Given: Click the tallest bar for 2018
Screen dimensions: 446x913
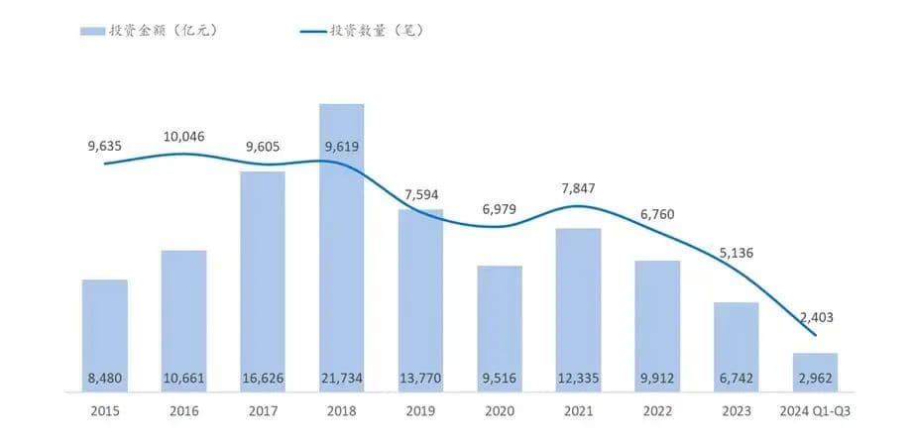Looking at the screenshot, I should pyautogui.click(x=341, y=248).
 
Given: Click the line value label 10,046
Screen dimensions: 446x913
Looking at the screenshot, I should pyautogui.click(x=183, y=136).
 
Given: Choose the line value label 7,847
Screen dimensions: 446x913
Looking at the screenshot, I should pyautogui.click(x=579, y=188).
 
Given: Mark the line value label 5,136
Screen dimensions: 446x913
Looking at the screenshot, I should pyautogui.click(x=737, y=253).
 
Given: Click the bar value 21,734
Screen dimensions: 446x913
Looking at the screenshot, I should pyautogui.click(x=342, y=378).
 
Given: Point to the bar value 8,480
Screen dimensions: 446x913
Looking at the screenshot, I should pyautogui.click(x=105, y=378).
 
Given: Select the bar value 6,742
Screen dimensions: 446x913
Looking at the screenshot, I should pyautogui.click(x=737, y=378).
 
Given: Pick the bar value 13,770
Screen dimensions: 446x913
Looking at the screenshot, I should pyautogui.click(x=420, y=378).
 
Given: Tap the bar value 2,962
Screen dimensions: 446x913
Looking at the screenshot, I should pyautogui.click(x=815, y=378).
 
